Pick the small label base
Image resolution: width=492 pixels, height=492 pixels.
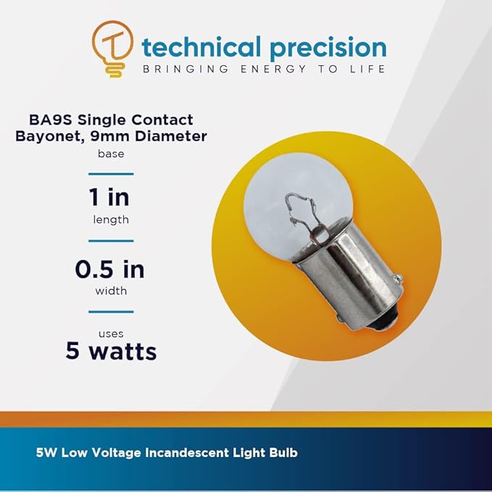click(x=111, y=154)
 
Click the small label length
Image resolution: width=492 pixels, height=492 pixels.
click(x=111, y=220)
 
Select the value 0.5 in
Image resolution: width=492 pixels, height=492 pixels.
click(x=111, y=270)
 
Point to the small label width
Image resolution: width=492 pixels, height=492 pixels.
click(x=111, y=291)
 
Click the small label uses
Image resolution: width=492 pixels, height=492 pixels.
click(x=111, y=333)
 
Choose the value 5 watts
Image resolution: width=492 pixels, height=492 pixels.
click(x=111, y=351)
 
